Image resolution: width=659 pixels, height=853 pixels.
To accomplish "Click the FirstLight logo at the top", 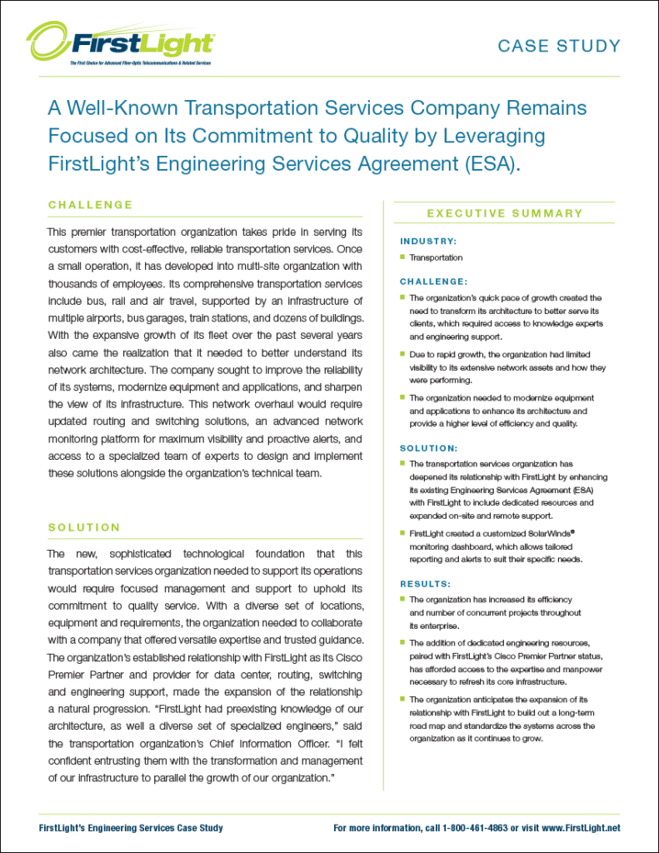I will [x=120, y=43].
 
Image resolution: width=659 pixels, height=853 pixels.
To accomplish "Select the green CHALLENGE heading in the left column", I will [x=91, y=205].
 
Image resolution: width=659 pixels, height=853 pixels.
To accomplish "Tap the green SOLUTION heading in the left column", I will [x=84, y=527].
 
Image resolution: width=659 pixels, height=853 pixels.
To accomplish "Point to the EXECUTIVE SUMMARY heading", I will [x=505, y=213].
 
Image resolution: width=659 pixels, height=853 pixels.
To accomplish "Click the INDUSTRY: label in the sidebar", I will [x=428, y=242].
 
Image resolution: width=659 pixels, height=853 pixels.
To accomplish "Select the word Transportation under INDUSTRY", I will [x=436, y=257].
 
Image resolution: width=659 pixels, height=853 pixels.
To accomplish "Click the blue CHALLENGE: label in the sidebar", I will [x=433, y=282].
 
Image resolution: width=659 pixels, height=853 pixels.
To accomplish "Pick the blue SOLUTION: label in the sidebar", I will [x=429, y=448].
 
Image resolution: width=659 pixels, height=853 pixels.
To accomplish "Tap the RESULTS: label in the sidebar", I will [x=425, y=584].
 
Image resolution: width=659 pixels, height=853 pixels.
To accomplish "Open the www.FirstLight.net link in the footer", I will [x=580, y=828].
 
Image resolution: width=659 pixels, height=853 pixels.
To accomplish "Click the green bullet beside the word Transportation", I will [x=402, y=257].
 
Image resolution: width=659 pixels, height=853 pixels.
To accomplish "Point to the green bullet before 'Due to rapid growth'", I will [x=402, y=354].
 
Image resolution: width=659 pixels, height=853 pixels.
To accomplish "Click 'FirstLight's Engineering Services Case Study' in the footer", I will [x=131, y=828].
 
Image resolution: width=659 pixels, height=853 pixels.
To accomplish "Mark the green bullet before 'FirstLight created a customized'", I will [x=402, y=532].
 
